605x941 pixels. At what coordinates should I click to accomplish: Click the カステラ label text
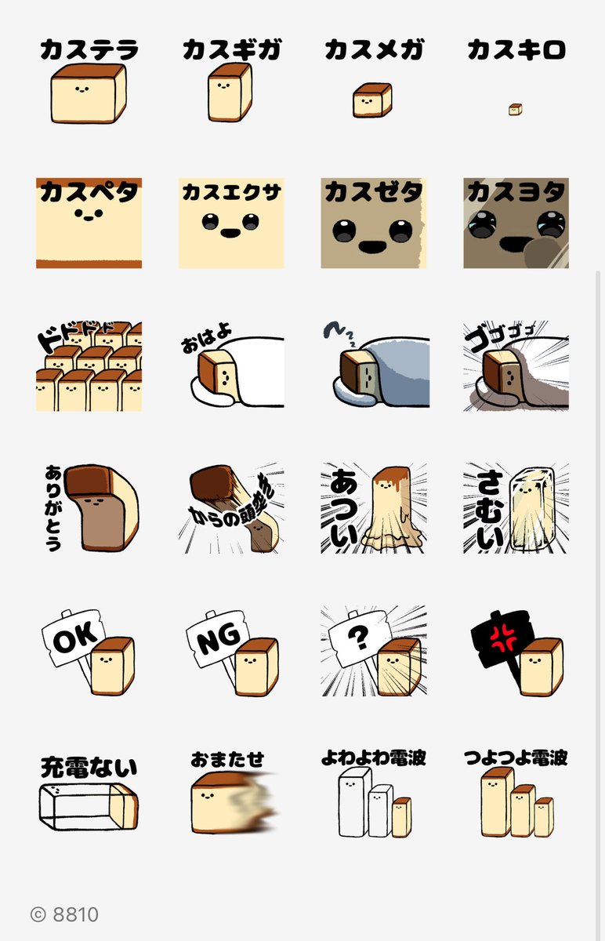click(89, 51)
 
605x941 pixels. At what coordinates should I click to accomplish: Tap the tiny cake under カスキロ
click(515, 109)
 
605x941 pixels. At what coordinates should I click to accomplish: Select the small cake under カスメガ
click(372, 101)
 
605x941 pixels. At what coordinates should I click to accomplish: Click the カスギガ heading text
click(231, 51)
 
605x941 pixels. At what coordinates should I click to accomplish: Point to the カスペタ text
click(89, 192)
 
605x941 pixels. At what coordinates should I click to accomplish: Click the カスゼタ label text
click(374, 192)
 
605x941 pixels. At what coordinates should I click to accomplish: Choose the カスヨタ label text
click(515, 192)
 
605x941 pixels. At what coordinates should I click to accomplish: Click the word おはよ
click(208, 342)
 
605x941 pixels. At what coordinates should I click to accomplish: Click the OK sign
click(73, 641)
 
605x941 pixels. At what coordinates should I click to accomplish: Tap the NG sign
click(215, 643)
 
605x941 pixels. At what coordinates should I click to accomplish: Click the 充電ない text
click(89, 767)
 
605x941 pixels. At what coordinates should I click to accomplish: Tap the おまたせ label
click(227, 759)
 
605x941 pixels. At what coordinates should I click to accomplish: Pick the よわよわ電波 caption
click(374, 758)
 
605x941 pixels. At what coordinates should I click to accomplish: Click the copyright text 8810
click(65, 914)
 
